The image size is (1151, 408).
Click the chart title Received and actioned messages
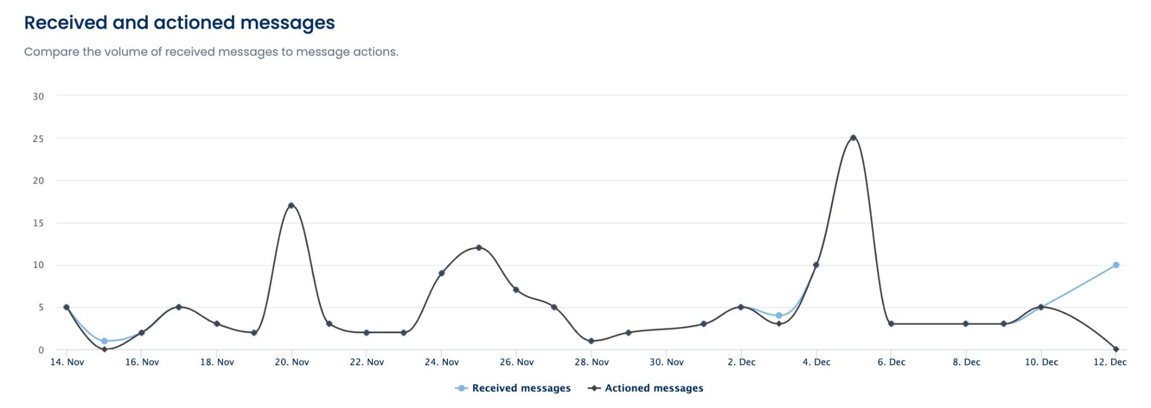pos(179,22)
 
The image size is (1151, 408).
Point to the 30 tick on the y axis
pos(38,96)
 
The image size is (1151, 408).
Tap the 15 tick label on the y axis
pos(38,223)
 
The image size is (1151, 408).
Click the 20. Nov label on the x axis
pos(292,362)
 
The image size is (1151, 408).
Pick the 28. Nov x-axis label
pos(591,362)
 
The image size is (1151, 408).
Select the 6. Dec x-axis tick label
pos(891,362)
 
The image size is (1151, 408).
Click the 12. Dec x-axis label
pos(1109,362)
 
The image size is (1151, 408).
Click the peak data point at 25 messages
pos(853,138)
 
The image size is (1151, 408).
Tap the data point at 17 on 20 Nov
pos(291,206)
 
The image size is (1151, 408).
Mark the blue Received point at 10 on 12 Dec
pos(1116,265)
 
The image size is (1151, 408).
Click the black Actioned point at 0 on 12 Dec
pos(1116,350)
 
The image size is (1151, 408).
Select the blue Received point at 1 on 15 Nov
pos(104,341)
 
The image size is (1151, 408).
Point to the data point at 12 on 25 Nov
pos(479,248)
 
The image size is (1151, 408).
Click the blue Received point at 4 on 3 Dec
pos(778,316)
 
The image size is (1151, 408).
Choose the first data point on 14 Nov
pos(66,307)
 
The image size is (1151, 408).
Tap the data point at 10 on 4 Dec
pos(816,265)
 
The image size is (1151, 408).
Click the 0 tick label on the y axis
pos(41,350)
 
